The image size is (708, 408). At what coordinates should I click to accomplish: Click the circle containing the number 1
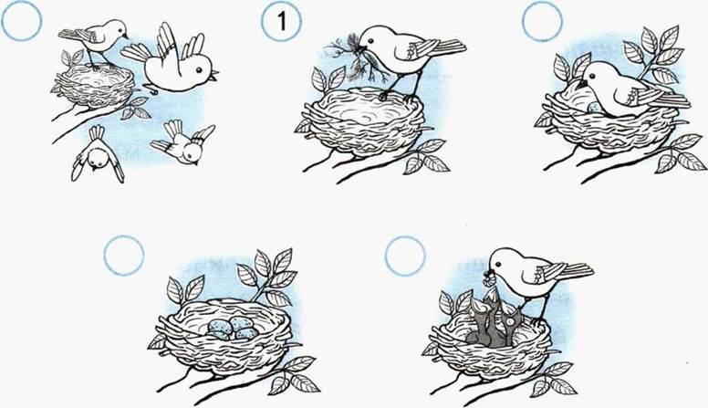click(x=281, y=22)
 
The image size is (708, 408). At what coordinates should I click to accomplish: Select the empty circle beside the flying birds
click(x=21, y=21)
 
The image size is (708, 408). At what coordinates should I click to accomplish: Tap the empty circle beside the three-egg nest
click(x=124, y=256)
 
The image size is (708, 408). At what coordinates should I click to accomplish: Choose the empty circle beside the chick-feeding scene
click(x=405, y=256)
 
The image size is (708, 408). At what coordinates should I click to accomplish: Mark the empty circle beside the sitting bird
click(x=542, y=21)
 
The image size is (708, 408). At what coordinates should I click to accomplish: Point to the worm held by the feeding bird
click(x=488, y=278)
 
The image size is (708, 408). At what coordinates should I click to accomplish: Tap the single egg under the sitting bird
click(x=594, y=108)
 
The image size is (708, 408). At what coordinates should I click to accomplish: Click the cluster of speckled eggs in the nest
click(x=232, y=328)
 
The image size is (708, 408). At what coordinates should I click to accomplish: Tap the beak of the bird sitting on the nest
click(x=581, y=84)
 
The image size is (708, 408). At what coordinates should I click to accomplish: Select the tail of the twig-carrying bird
click(x=447, y=47)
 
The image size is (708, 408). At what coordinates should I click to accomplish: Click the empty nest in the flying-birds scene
click(x=95, y=86)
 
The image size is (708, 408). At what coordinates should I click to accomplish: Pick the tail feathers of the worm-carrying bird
click(x=575, y=270)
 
